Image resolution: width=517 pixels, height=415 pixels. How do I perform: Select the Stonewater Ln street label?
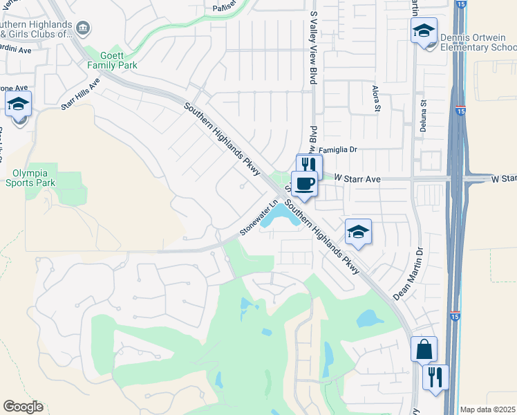[258, 217]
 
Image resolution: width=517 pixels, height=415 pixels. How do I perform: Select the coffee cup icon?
[304, 183]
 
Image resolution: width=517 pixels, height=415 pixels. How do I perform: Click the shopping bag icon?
[424, 349]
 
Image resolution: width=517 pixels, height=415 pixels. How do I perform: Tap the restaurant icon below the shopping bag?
[435, 377]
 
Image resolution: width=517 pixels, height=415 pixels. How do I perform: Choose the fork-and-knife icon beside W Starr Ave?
[309, 165]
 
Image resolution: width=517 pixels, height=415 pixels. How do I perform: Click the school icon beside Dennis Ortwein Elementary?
[424, 30]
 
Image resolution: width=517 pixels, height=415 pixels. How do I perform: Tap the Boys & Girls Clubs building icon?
[83, 28]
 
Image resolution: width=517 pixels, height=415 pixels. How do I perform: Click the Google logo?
[23, 407]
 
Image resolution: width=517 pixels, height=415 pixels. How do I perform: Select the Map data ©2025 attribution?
[488, 409]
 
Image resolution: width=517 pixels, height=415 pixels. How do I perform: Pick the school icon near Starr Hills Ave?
[19, 104]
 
